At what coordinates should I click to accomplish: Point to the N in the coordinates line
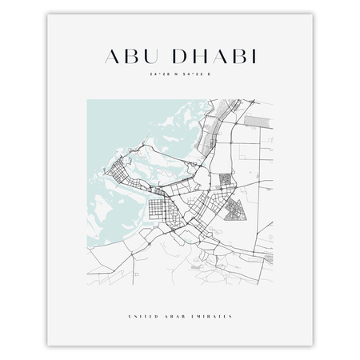(174, 77)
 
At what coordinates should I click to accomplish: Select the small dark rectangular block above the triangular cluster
(226, 182)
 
